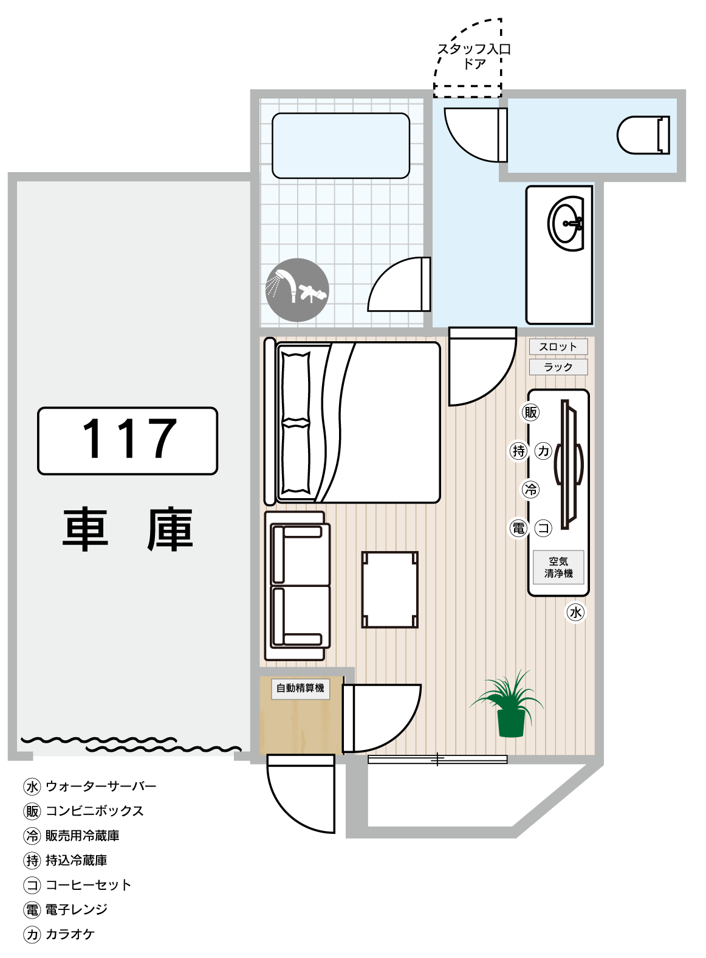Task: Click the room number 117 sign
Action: pos(128,440)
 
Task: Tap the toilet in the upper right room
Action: pos(643,135)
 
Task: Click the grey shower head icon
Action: pos(297,290)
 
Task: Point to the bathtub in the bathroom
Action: pos(340,145)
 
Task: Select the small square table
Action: pos(389,589)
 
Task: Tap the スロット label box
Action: pos(558,346)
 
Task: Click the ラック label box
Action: pos(558,367)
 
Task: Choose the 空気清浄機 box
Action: pos(558,567)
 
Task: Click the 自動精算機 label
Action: pos(300,688)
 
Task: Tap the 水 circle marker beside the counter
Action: pos(575,612)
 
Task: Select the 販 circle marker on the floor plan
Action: pos(530,412)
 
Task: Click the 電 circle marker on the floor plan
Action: pos(518,528)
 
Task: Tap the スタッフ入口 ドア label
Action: pos(474,56)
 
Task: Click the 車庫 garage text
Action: pos(128,529)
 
